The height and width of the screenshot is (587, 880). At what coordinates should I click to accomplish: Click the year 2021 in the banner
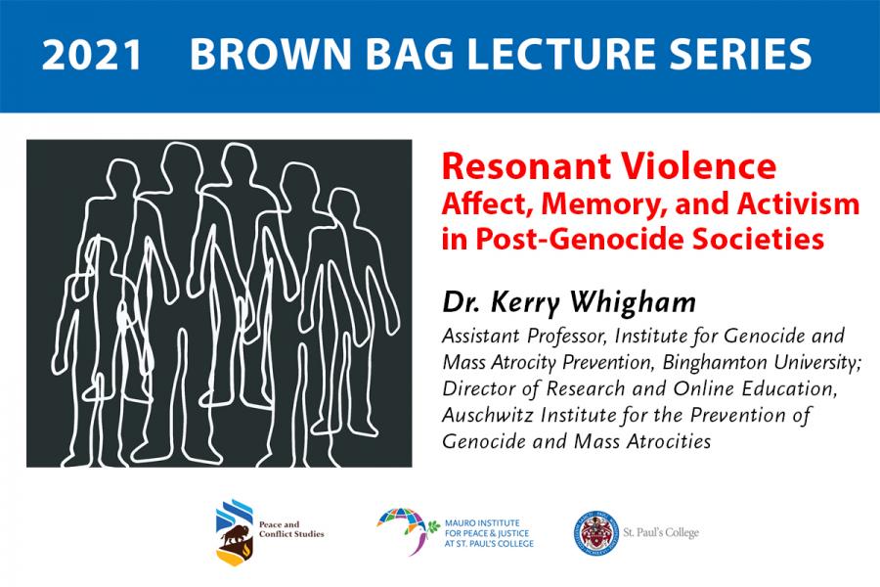pos(92,55)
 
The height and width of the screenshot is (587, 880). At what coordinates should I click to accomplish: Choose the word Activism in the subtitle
pos(798,203)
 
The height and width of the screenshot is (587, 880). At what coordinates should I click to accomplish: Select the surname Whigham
pos(633,303)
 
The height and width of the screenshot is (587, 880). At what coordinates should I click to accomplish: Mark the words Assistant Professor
pos(525,336)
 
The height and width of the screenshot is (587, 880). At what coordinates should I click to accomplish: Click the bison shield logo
pos(235,532)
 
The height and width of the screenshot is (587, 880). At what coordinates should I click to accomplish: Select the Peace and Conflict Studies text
pos(291,529)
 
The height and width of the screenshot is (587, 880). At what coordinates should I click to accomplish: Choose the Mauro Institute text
pos(489,533)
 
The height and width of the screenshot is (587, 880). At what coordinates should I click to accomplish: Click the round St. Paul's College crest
pos(596,533)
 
